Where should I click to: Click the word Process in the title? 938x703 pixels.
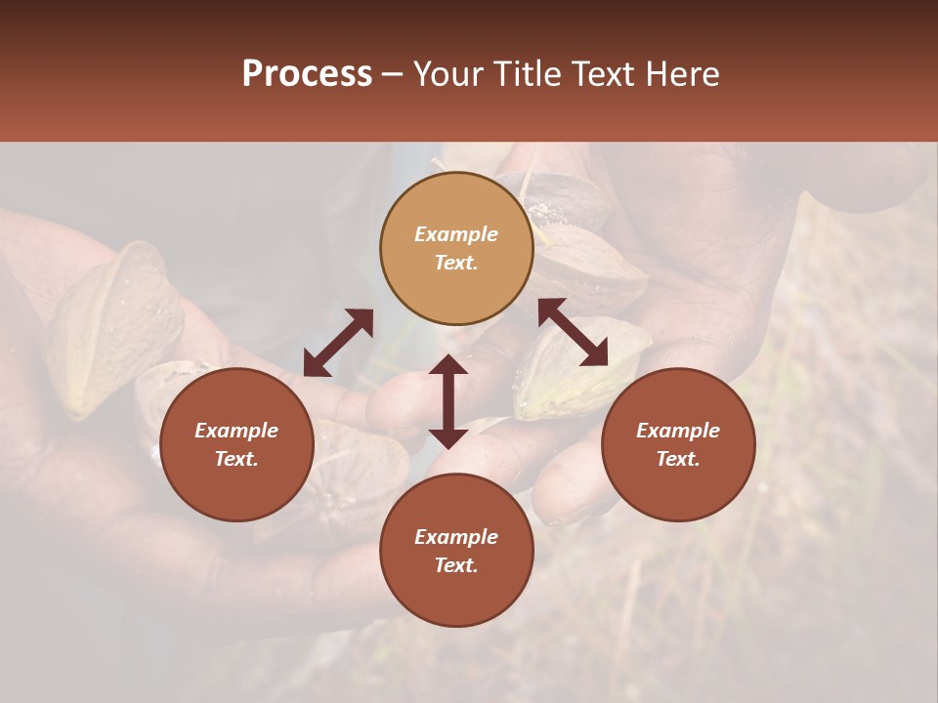coord(307,74)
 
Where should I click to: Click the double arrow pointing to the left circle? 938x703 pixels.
coord(338,342)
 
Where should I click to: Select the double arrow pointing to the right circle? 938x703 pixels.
coord(573,332)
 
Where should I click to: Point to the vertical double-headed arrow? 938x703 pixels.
coord(448,401)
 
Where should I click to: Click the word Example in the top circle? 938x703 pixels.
coord(456,234)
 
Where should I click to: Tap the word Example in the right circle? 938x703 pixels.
coord(678,431)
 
